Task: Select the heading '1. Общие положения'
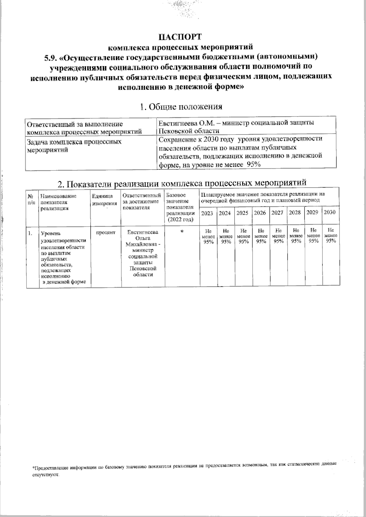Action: [181, 107]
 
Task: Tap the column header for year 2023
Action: [207, 213]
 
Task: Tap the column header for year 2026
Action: [260, 213]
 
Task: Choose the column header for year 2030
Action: [330, 212]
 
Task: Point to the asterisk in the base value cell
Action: [182, 232]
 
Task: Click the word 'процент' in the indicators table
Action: [106, 232]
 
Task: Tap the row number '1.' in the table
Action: [30, 234]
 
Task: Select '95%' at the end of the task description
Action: [253, 164]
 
